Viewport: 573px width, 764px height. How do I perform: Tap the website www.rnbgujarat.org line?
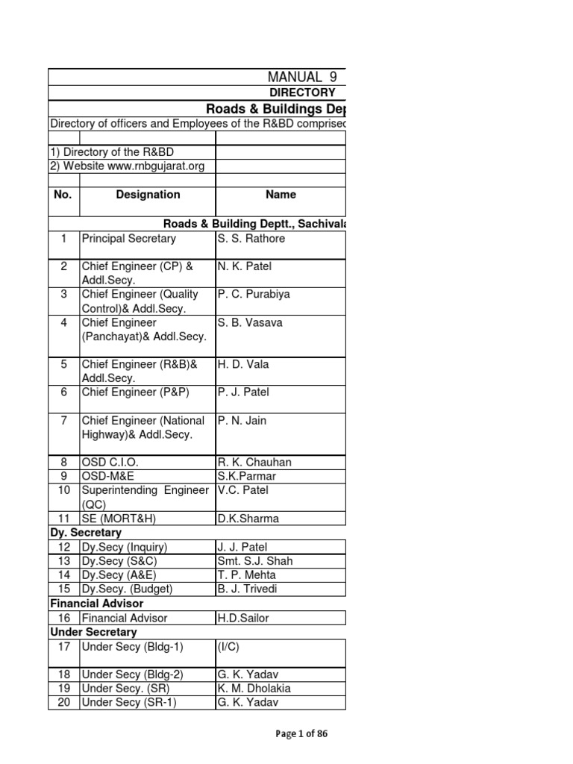click(x=127, y=166)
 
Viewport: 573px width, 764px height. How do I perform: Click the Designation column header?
click(x=148, y=195)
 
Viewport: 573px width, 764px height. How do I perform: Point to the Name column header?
click(x=281, y=195)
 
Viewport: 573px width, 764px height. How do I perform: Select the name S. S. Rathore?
click(x=251, y=239)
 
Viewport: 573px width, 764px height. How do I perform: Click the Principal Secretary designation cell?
click(x=129, y=239)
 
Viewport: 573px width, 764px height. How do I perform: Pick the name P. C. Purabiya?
click(x=254, y=294)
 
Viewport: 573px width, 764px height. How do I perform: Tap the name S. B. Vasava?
click(x=251, y=322)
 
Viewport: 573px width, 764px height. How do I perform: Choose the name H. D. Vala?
click(x=242, y=364)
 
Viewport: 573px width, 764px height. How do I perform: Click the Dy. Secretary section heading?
click(x=86, y=533)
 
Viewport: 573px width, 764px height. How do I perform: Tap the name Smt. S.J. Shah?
click(x=255, y=561)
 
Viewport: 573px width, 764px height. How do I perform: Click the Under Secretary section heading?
click(x=93, y=632)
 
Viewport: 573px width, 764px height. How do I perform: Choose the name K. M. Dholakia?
click(x=254, y=689)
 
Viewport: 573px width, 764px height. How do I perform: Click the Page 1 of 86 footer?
click(x=301, y=733)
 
